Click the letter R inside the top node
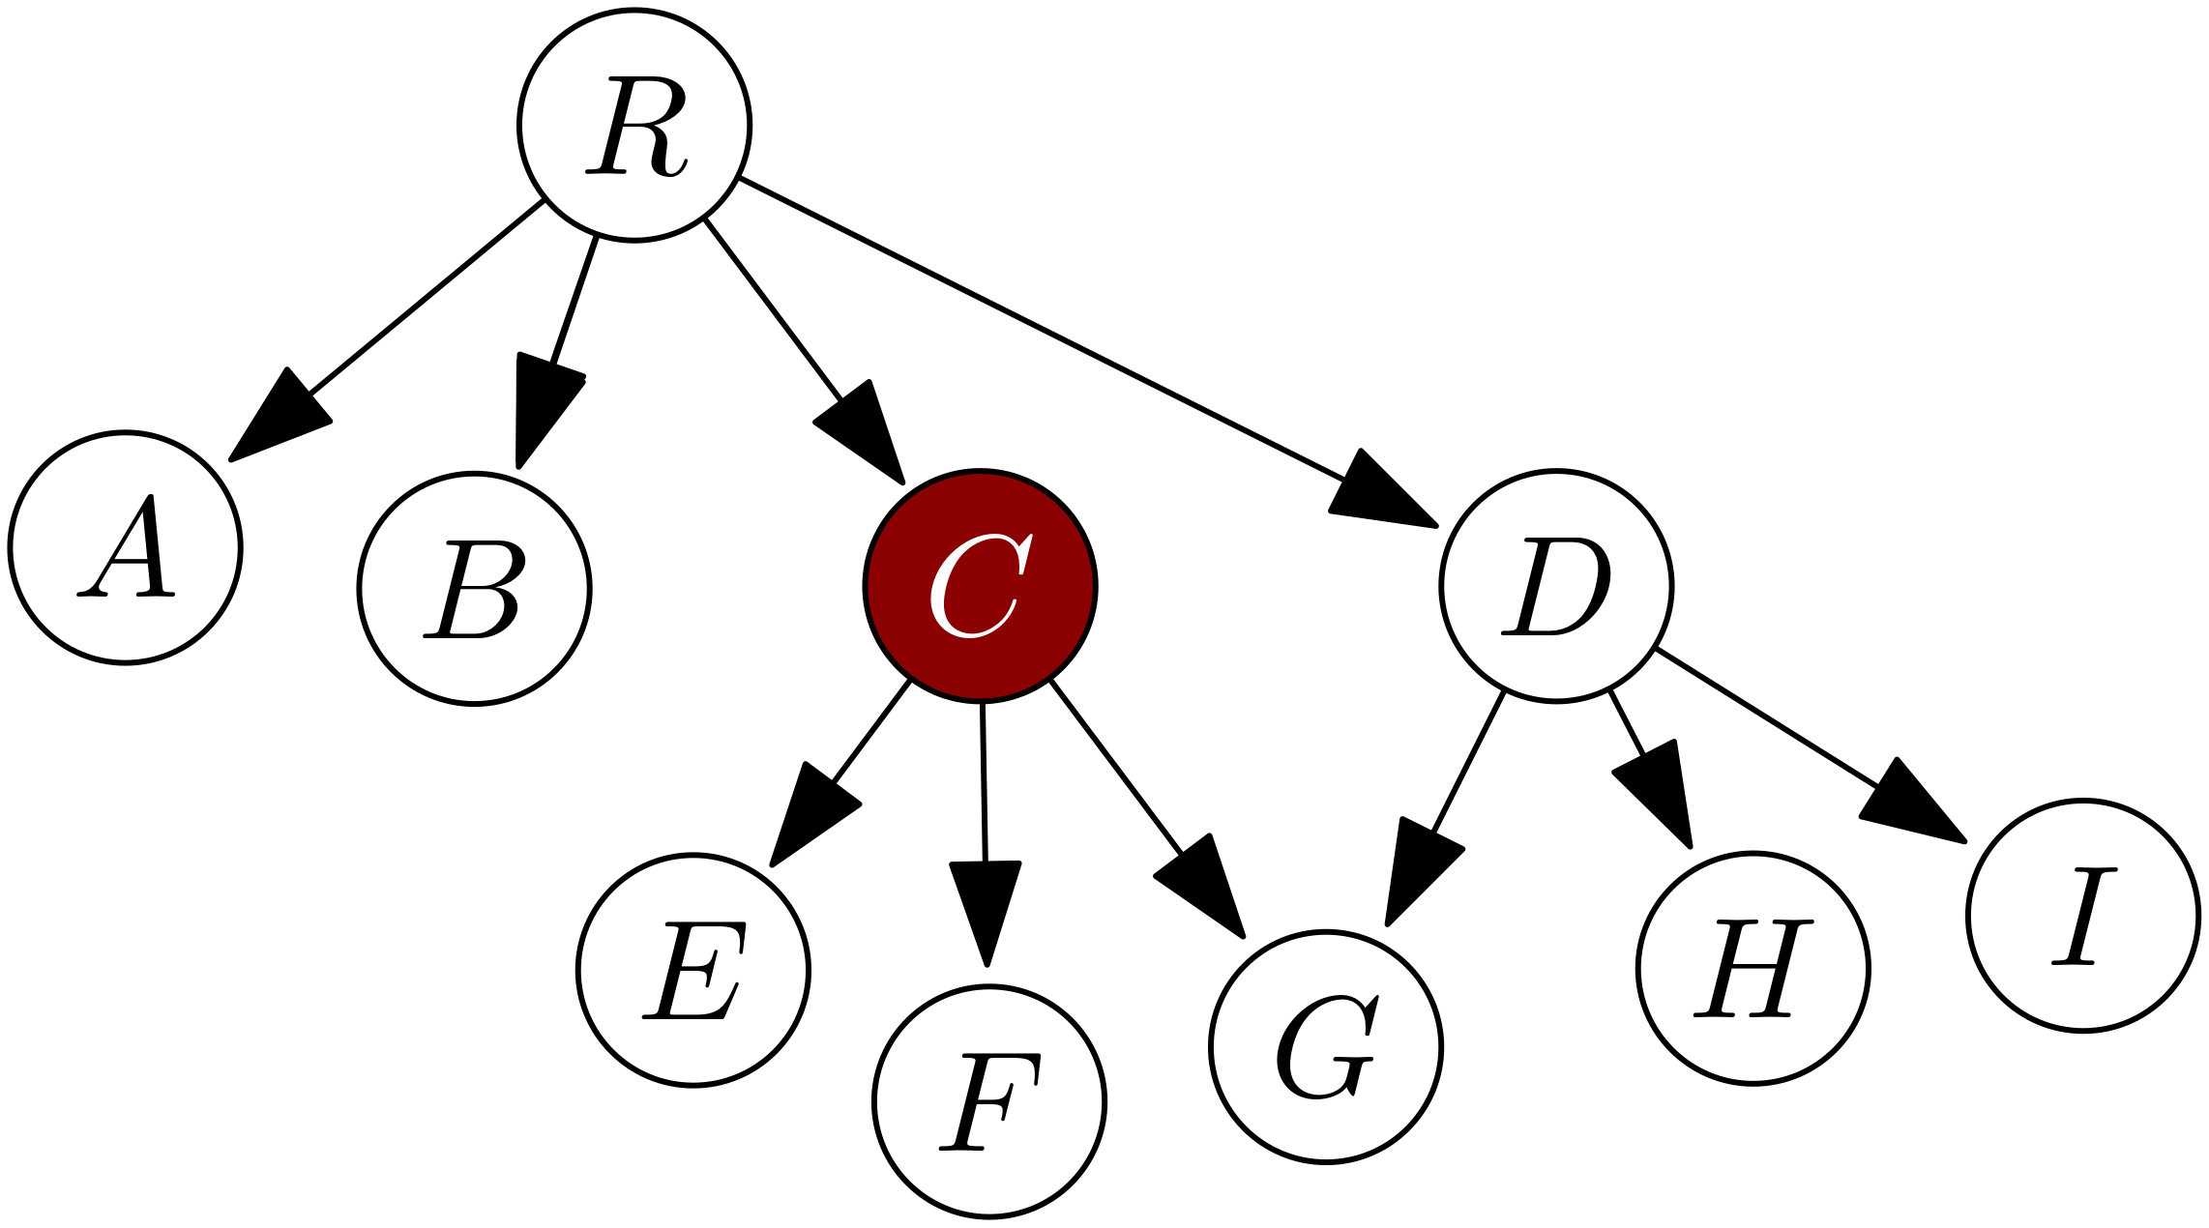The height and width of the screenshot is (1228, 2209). (636, 127)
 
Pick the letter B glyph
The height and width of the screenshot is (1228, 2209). (475, 589)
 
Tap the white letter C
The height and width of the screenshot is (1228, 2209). (980, 586)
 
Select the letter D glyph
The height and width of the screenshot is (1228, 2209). (1556, 586)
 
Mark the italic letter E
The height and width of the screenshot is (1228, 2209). (693, 970)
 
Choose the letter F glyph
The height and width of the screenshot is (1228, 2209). (988, 1102)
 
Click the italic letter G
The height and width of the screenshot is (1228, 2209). (1326, 1047)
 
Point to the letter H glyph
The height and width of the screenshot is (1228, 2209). (1752, 969)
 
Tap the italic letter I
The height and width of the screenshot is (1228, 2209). (2084, 917)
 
